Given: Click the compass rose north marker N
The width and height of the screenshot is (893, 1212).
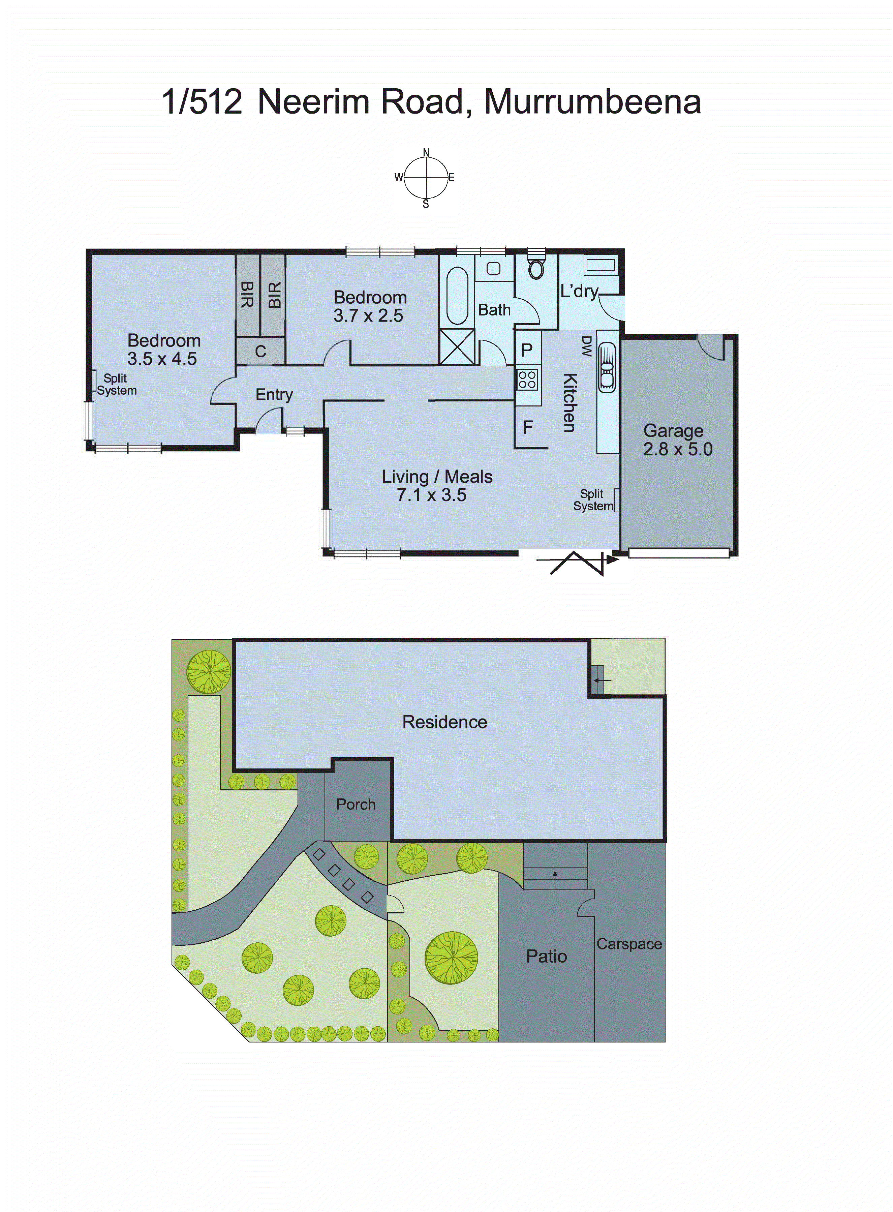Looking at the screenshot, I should point(426,152).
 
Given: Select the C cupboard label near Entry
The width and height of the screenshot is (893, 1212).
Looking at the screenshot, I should point(260,352).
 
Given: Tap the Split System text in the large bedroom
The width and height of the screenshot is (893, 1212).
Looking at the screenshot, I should point(116,384).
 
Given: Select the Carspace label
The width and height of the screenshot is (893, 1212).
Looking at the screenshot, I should point(629,944).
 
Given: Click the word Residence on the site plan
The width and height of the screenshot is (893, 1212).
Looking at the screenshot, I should point(444,722).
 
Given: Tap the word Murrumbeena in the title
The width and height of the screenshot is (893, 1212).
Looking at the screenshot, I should point(592,102).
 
